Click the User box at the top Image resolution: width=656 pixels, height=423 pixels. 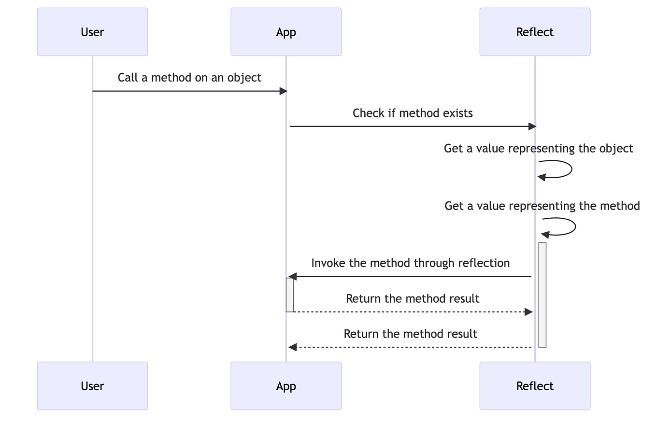click(92, 32)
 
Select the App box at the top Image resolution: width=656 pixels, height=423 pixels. click(286, 32)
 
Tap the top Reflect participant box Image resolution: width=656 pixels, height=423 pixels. click(535, 32)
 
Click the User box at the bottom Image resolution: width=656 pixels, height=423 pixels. click(92, 386)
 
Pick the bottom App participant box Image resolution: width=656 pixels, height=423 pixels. click(286, 386)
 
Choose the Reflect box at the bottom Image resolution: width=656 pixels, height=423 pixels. click(535, 386)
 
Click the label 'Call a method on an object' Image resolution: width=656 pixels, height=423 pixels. click(189, 78)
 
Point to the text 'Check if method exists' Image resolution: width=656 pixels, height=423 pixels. click(413, 113)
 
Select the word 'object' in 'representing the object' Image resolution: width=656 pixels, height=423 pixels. click(616, 148)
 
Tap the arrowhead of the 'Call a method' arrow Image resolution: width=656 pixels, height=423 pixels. click(284, 91)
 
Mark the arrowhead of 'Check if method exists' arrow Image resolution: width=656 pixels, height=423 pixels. click(532, 127)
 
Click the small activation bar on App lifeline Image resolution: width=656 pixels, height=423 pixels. click(290, 295)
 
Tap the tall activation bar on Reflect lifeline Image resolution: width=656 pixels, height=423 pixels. click(542, 295)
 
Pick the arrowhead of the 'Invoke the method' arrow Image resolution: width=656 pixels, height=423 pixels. click(292, 277)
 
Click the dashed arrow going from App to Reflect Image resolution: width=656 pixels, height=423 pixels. click(411, 312)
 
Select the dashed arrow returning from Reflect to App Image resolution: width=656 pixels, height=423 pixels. click(411, 347)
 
